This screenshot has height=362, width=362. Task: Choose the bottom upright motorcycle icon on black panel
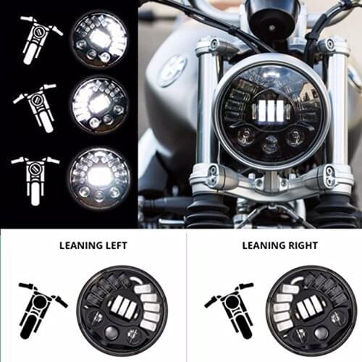click(35, 174)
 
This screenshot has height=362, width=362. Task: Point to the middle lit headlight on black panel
click(99, 106)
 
